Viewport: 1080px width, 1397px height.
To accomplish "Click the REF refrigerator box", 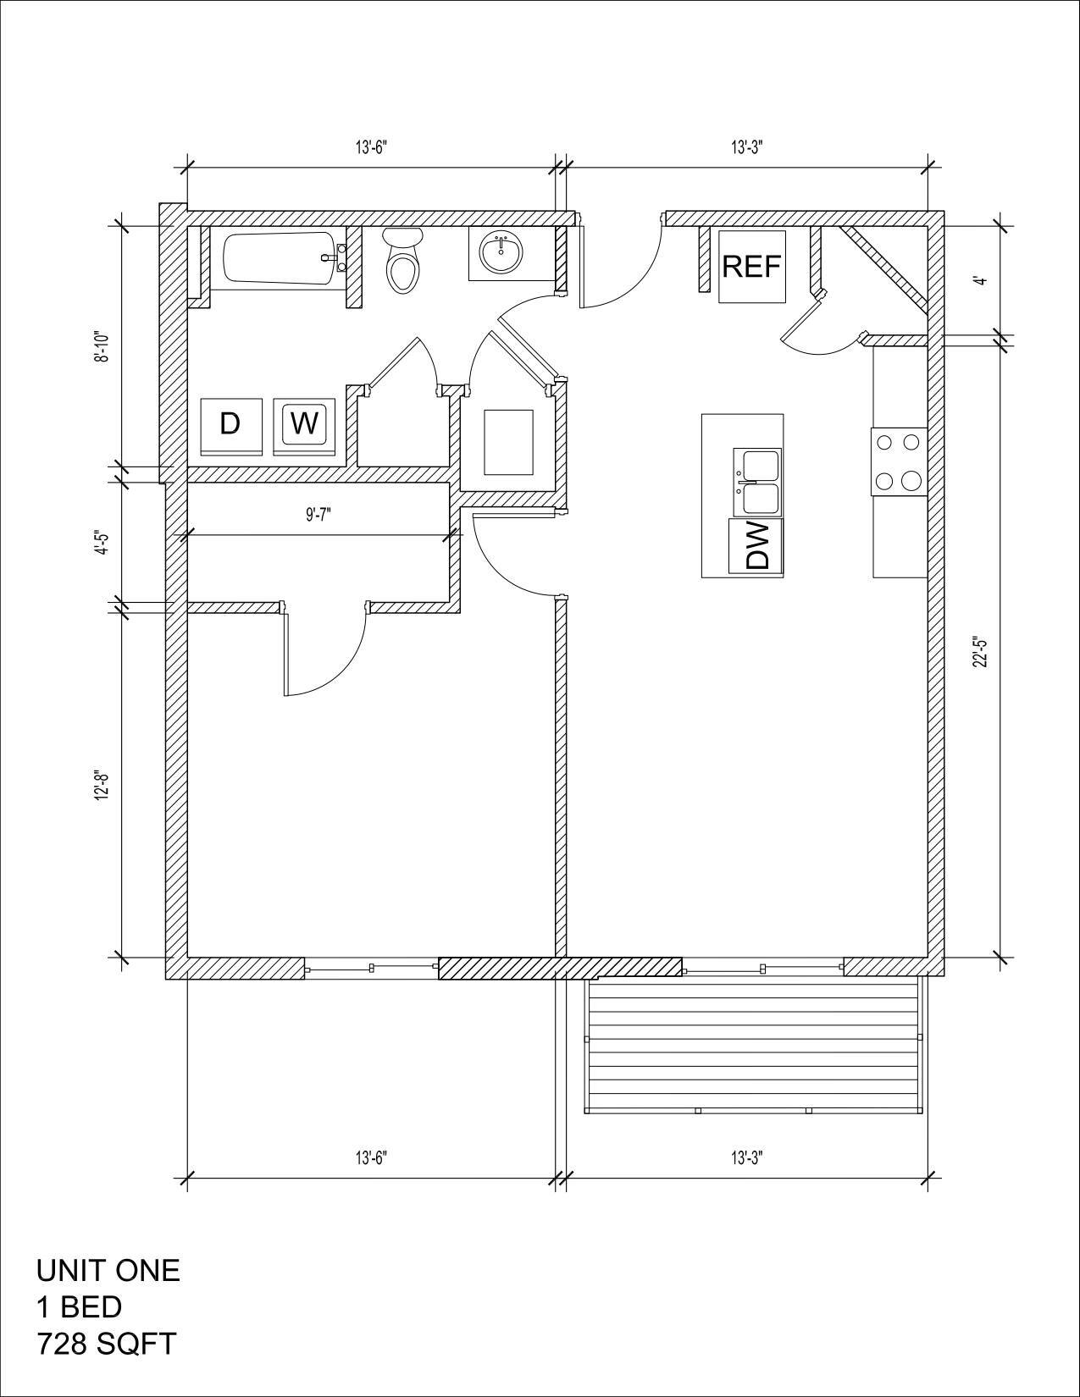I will pyautogui.click(x=752, y=267).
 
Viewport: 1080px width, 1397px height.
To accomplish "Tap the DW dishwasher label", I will pyautogui.click(x=756, y=546).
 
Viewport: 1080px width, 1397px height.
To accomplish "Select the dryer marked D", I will pyautogui.click(x=230, y=423).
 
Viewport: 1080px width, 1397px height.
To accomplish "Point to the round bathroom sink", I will pyautogui.click(x=501, y=253).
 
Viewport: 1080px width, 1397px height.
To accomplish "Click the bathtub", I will pyautogui.click(x=280, y=258).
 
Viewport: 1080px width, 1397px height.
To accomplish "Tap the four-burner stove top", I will pyautogui.click(x=899, y=461).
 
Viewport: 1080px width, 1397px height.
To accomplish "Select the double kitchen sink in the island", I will pyautogui.click(x=759, y=483).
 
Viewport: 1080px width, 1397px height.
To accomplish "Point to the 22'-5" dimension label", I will pyautogui.click(x=980, y=652).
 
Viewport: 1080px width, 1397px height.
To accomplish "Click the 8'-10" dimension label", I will pyautogui.click(x=102, y=346).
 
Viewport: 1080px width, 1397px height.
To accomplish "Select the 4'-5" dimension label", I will pyautogui.click(x=102, y=542).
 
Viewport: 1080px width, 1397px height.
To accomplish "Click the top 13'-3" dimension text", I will pyautogui.click(x=748, y=147).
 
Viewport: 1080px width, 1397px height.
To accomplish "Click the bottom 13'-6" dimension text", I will pyautogui.click(x=371, y=1157).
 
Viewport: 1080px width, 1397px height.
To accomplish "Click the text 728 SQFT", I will pyautogui.click(x=106, y=1344).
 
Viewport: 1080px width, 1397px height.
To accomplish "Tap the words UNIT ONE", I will pyautogui.click(x=108, y=1270).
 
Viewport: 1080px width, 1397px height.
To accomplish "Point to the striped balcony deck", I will pyautogui.click(x=753, y=1045).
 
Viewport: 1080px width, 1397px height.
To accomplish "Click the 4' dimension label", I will pyautogui.click(x=980, y=281).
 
